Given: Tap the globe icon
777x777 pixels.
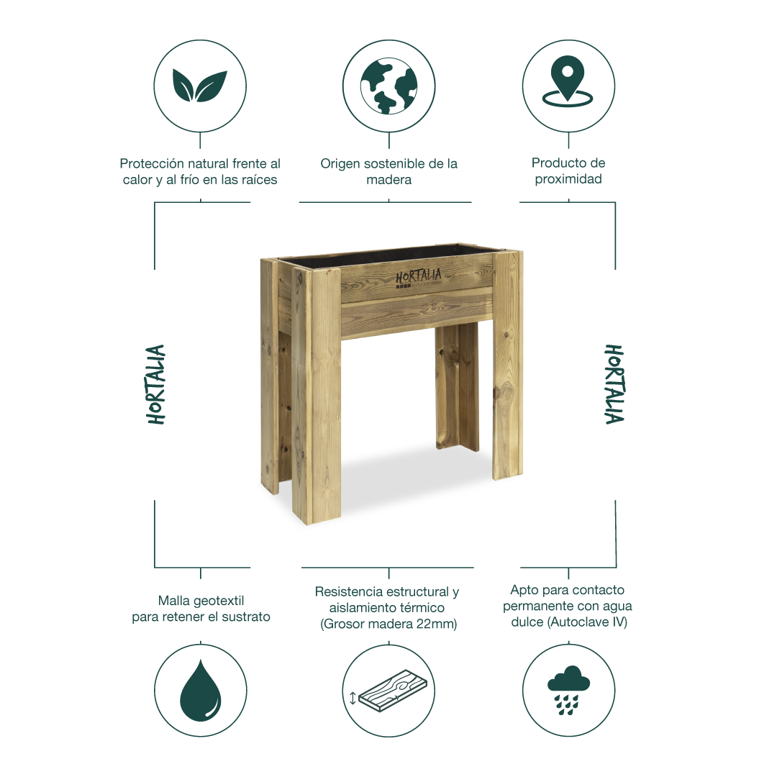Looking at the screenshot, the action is tap(388, 86).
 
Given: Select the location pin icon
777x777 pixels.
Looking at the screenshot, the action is tap(568, 82).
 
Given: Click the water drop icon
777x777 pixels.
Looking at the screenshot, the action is tap(201, 690).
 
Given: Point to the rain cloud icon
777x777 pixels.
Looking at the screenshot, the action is tap(568, 690).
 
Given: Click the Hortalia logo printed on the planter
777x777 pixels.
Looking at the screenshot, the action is tap(419, 278).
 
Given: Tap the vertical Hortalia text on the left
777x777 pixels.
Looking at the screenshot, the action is tap(155, 384).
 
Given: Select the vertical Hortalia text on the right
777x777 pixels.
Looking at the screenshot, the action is tap(614, 384).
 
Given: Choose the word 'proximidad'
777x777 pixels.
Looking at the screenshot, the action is tap(568, 179).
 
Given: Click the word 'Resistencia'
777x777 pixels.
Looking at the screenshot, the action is tap(349, 591).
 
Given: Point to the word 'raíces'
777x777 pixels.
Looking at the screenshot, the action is tap(260, 180).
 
